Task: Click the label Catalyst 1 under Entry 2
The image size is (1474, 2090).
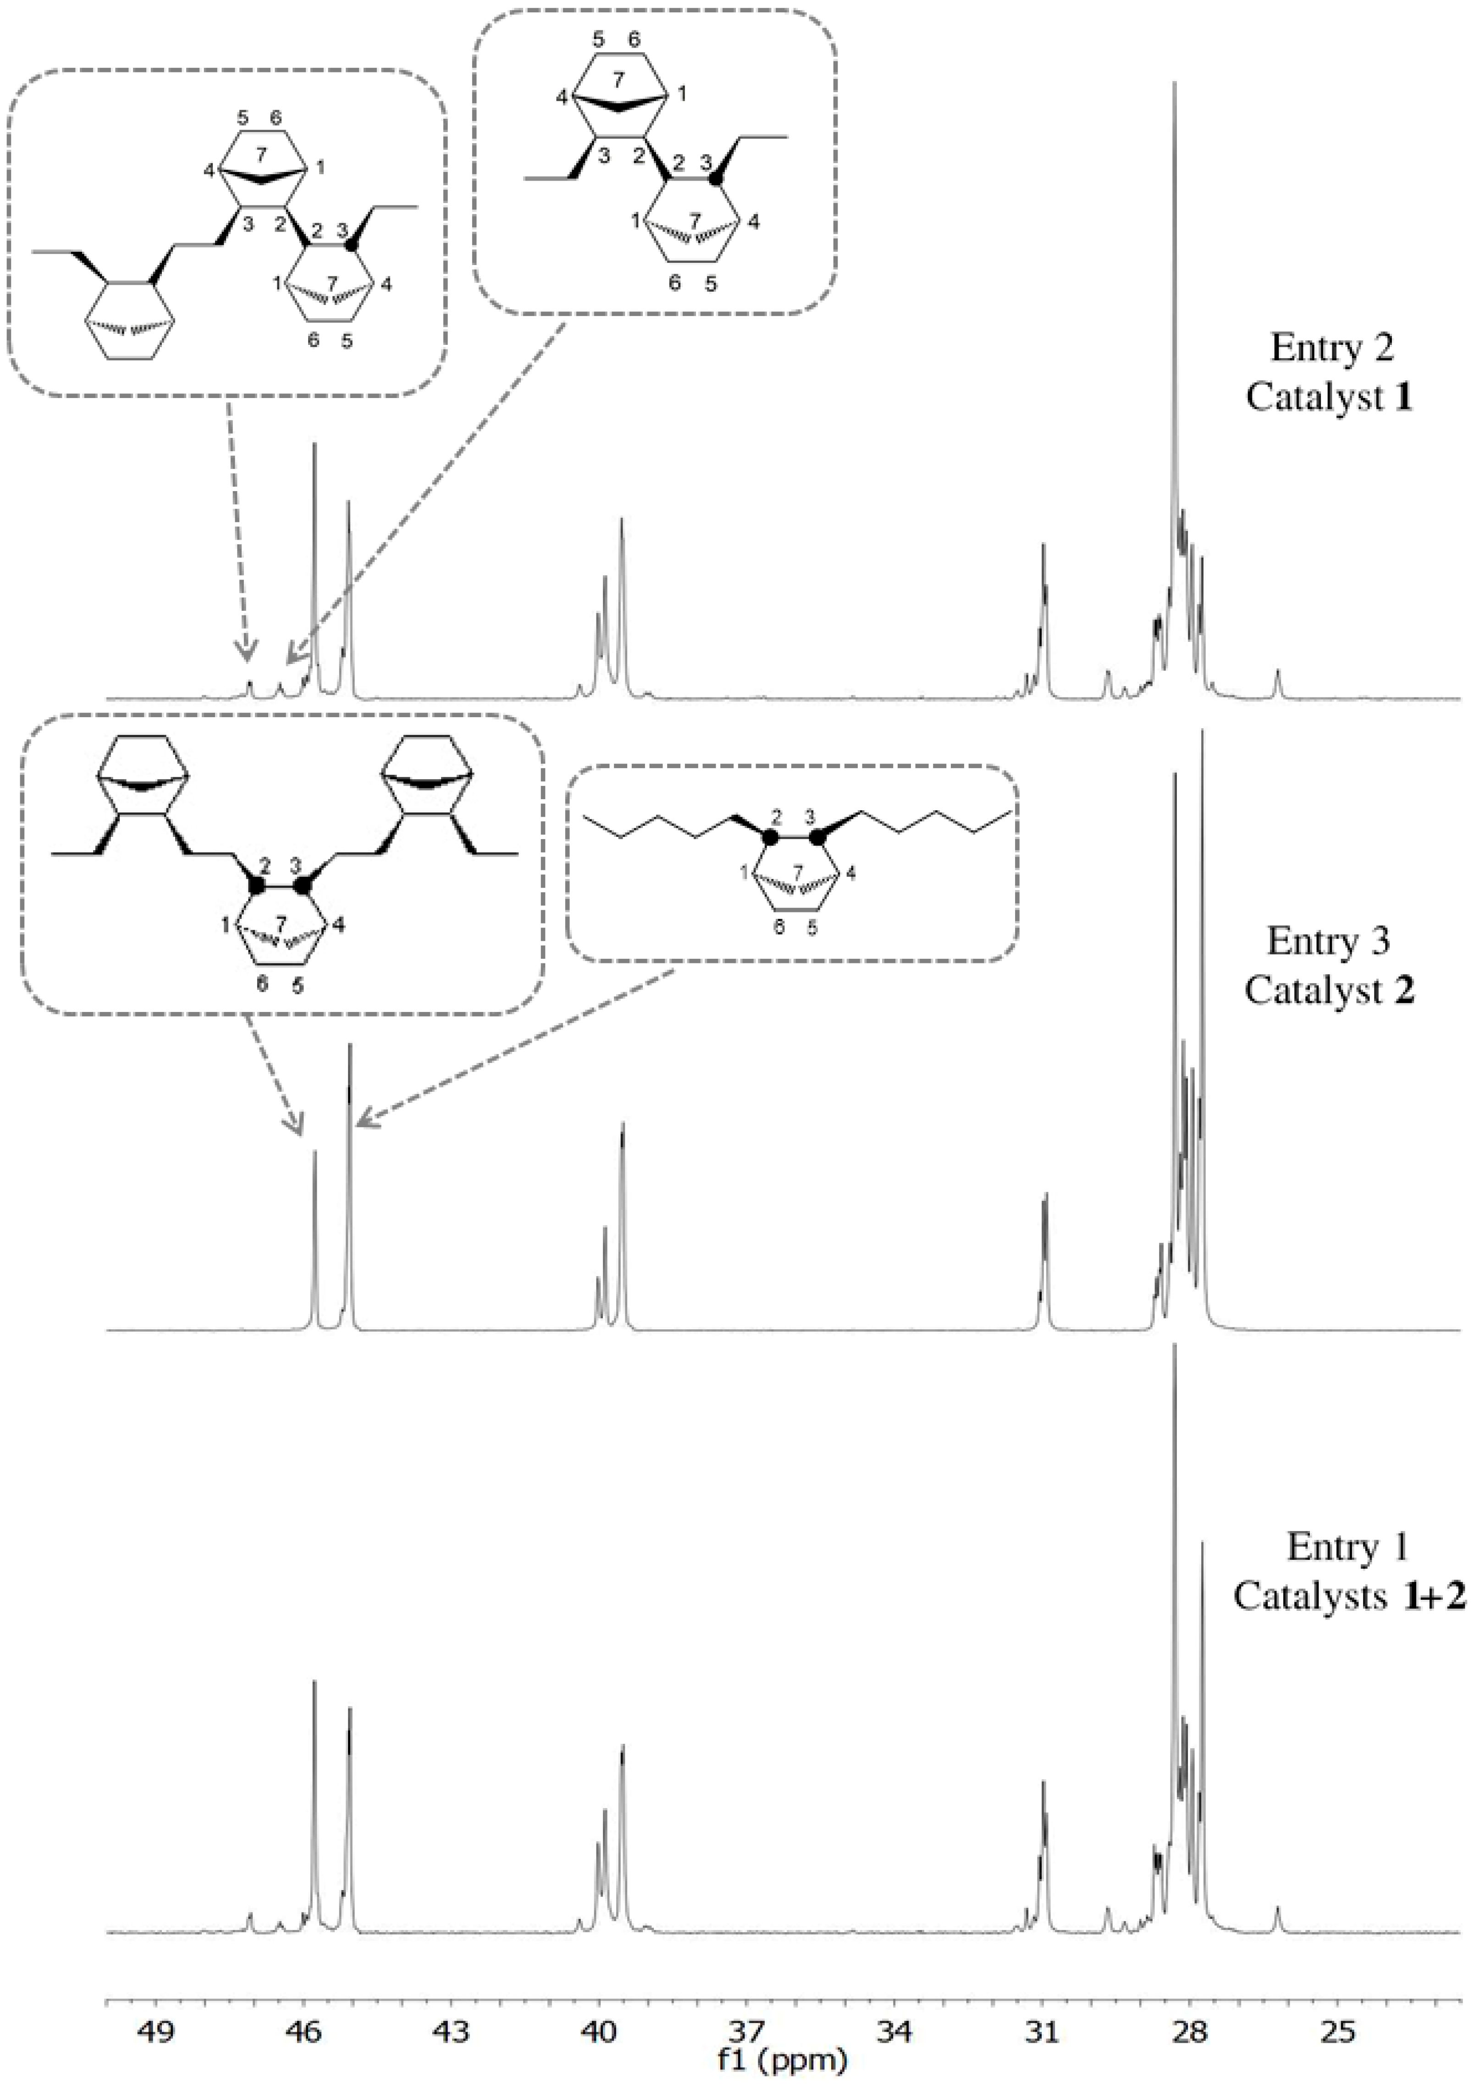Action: [1329, 398]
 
